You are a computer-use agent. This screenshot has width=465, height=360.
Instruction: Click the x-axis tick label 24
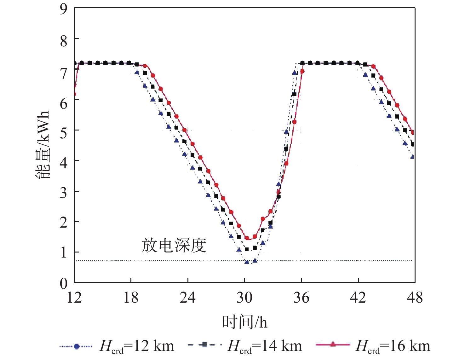point(188,298)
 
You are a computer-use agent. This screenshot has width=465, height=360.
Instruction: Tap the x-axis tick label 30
point(244,298)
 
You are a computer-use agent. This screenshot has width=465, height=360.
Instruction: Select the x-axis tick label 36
point(301,298)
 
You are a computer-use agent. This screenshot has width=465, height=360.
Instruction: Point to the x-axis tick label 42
point(358,298)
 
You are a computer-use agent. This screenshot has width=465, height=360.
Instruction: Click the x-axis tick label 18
point(131,298)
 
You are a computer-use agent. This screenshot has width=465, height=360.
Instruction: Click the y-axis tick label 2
point(64,222)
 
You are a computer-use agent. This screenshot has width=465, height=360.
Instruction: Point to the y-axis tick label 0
point(64,283)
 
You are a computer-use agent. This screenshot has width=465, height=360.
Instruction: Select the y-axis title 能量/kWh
point(43,145)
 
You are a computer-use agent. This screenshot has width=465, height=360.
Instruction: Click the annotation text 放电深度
point(174,245)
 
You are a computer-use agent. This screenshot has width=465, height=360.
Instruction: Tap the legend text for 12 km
point(137,346)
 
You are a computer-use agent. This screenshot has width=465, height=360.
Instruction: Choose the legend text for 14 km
point(265,346)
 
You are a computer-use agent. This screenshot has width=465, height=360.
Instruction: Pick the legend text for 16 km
point(393,346)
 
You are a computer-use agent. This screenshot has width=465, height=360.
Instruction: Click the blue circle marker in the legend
point(76,346)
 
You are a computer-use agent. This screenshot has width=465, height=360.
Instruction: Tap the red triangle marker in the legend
point(333,345)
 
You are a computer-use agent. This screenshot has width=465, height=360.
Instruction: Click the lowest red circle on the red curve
point(247,239)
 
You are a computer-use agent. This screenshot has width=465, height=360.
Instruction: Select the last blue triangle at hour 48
point(412,156)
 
